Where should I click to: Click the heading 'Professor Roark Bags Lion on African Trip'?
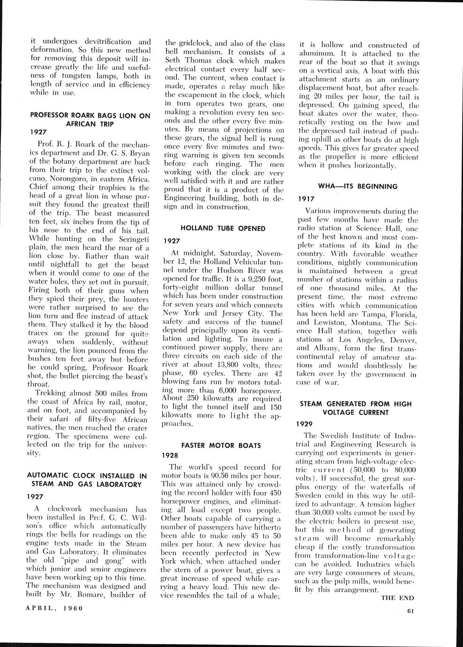[90, 119]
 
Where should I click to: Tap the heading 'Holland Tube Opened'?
[222, 228]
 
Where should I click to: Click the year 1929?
[307, 423]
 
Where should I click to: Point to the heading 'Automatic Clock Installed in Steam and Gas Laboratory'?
[87, 480]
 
